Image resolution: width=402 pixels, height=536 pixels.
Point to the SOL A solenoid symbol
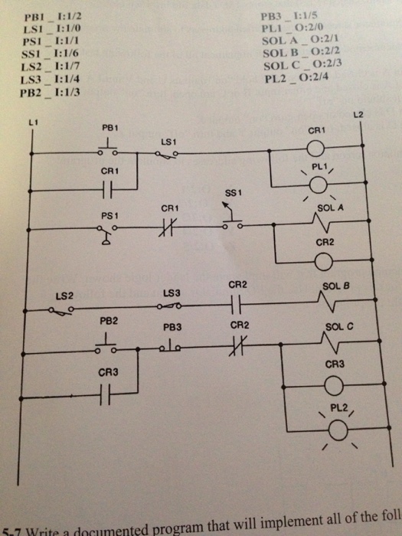point(319,224)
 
